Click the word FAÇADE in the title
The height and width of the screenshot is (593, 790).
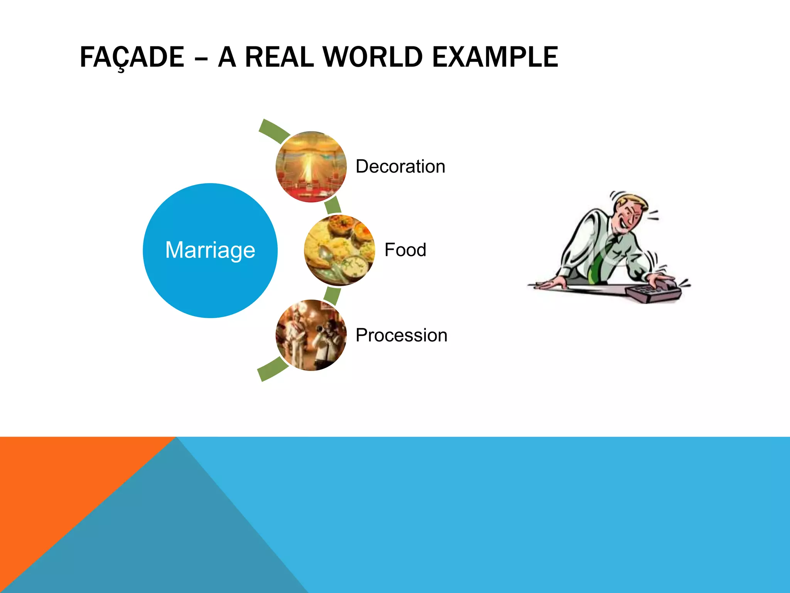[132, 57]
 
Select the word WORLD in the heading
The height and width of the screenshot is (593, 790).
[373, 57]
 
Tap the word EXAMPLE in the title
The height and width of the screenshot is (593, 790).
[495, 57]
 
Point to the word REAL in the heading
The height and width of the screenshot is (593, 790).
[279, 57]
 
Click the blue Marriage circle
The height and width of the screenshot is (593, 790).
[210, 250]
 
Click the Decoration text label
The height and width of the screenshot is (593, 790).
[400, 166]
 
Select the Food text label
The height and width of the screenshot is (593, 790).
[405, 250]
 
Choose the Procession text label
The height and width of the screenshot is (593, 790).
[401, 335]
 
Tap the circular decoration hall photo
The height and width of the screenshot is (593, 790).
[311, 167]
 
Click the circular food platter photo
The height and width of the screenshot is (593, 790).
[339, 250]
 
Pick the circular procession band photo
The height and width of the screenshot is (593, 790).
[311, 335]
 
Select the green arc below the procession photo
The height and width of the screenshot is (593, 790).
[273, 369]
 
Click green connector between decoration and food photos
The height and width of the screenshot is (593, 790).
[332, 205]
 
